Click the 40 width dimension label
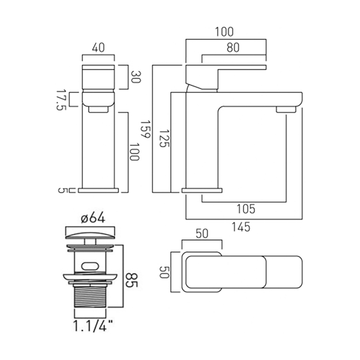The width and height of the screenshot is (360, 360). click(x=98, y=48)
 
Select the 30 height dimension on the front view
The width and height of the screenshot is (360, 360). click(x=135, y=77)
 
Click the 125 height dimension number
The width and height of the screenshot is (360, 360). click(x=164, y=139)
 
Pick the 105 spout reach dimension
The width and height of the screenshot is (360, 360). click(x=246, y=208)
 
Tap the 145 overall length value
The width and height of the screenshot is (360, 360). click(x=241, y=227)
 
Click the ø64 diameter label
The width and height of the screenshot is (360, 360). click(x=93, y=218)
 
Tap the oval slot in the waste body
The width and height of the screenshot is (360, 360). click(x=90, y=266)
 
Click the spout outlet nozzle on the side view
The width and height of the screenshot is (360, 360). click(x=286, y=109)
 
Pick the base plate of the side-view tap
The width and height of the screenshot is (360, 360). click(x=203, y=190)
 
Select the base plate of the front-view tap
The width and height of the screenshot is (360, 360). click(x=98, y=190)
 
